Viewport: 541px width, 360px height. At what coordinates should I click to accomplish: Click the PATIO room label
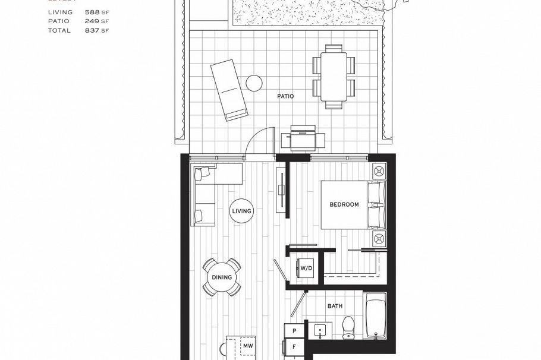coord(285,96)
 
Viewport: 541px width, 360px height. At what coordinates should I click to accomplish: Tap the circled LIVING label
coord(242,211)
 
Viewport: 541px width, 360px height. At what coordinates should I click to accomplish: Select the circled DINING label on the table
coord(222,277)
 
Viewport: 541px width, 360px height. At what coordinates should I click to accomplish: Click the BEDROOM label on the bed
coord(344,204)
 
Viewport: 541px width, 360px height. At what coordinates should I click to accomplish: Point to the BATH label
coord(335,306)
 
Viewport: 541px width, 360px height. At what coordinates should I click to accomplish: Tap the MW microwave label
coord(248,345)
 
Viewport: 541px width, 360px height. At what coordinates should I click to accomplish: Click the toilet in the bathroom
coord(348,326)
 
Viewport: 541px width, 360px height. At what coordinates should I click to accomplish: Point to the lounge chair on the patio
coord(228,89)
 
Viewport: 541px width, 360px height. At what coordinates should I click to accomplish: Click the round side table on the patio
coord(255,83)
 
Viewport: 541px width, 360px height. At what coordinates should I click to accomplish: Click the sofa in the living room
coord(204,196)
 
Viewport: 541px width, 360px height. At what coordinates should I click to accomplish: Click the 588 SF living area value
coord(97,12)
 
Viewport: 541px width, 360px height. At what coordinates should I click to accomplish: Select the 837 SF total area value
coord(97,30)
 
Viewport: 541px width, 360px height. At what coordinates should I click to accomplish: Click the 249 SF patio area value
coord(97,21)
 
